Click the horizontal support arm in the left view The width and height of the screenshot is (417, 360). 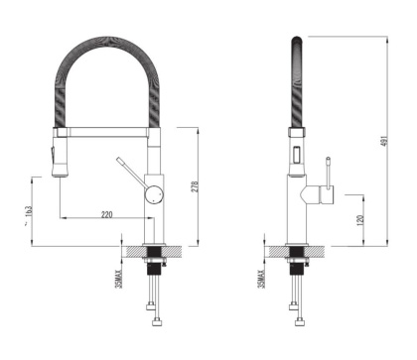(105, 130)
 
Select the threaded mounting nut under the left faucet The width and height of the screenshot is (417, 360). (153, 266)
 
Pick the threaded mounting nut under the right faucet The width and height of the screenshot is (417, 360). (295, 266)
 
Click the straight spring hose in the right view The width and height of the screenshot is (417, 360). (295, 84)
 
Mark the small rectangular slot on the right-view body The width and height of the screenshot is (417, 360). (295, 153)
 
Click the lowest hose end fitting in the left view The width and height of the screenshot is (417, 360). (157, 323)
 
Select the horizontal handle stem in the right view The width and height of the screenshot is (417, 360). (315, 189)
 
